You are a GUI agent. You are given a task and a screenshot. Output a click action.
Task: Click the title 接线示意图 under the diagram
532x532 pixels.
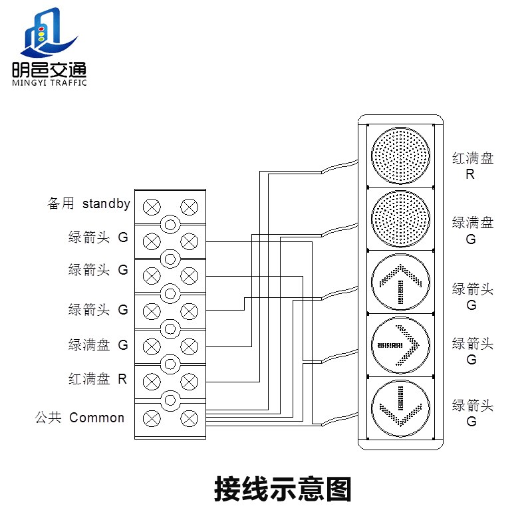pyautogui.click(x=282, y=489)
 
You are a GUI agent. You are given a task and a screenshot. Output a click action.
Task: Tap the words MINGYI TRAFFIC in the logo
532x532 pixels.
pyautogui.click(x=49, y=83)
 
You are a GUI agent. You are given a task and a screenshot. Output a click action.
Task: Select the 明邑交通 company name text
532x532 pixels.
pyautogui.click(x=49, y=69)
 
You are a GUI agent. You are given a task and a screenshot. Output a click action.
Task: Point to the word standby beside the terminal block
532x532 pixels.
pyautogui.click(x=106, y=203)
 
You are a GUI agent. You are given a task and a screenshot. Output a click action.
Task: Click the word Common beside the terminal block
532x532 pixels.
pyautogui.click(x=97, y=418)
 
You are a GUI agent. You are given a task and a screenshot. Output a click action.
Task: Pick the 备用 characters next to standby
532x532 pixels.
pyautogui.click(x=61, y=203)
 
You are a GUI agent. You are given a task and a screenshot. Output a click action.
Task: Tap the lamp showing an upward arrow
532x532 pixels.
pyautogui.click(x=400, y=282)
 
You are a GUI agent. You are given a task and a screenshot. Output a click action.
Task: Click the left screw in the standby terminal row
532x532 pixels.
pyautogui.click(x=152, y=205)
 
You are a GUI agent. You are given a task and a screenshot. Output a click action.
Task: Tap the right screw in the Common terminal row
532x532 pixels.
pyautogui.click(x=190, y=418)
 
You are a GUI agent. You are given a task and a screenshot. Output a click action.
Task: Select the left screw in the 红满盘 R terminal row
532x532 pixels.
pyautogui.click(x=152, y=380)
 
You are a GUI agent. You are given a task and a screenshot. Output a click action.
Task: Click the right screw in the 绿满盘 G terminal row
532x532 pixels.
pyautogui.click(x=190, y=345)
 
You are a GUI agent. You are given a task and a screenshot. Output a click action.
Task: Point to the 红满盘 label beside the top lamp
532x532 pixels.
pyautogui.click(x=473, y=158)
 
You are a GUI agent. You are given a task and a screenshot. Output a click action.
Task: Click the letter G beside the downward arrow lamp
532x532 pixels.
pyautogui.click(x=471, y=422)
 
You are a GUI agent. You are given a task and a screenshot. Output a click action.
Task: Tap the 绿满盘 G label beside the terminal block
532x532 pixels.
pyautogui.click(x=97, y=345)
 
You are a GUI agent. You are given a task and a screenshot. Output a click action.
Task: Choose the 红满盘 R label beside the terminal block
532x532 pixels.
pyautogui.click(x=97, y=379)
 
